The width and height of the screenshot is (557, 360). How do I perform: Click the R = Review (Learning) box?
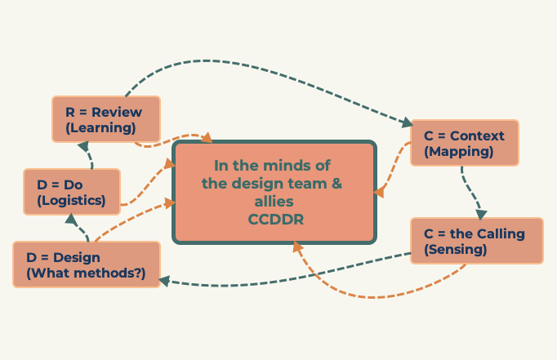(105, 119)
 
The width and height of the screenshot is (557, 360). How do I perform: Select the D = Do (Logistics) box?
(72, 192)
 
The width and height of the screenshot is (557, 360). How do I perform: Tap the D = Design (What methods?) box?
(85, 264)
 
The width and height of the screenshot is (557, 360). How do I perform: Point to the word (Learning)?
(100, 127)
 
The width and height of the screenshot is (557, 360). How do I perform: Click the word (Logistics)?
(71, 200)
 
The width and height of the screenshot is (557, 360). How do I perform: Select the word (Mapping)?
(459, 151)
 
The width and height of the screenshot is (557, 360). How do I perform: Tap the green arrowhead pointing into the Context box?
(408, 123)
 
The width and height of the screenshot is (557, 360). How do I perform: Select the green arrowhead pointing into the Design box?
(164, 281)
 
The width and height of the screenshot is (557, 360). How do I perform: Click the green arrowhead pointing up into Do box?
(70, 219)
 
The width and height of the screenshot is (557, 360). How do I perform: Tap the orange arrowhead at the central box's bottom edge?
(297, 246)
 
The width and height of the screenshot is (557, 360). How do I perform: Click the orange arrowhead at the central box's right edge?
(380, 192)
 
